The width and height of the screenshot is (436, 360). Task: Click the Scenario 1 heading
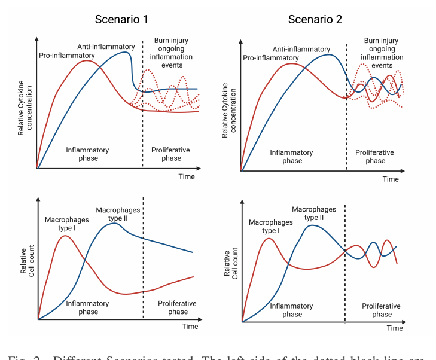121,19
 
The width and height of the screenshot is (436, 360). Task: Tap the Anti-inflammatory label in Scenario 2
301,49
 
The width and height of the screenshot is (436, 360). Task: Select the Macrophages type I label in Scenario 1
66,224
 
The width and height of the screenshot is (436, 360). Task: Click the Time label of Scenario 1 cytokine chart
186,176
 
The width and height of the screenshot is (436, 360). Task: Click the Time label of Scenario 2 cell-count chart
394,328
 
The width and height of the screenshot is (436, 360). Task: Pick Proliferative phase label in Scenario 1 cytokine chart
170,154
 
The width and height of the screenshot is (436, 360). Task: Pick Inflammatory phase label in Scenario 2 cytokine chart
292,157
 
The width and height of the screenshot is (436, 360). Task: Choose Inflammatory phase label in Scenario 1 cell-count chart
88,307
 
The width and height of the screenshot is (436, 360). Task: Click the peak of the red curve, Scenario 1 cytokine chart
87,60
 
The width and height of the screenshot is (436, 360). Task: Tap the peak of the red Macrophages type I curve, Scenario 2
270,239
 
